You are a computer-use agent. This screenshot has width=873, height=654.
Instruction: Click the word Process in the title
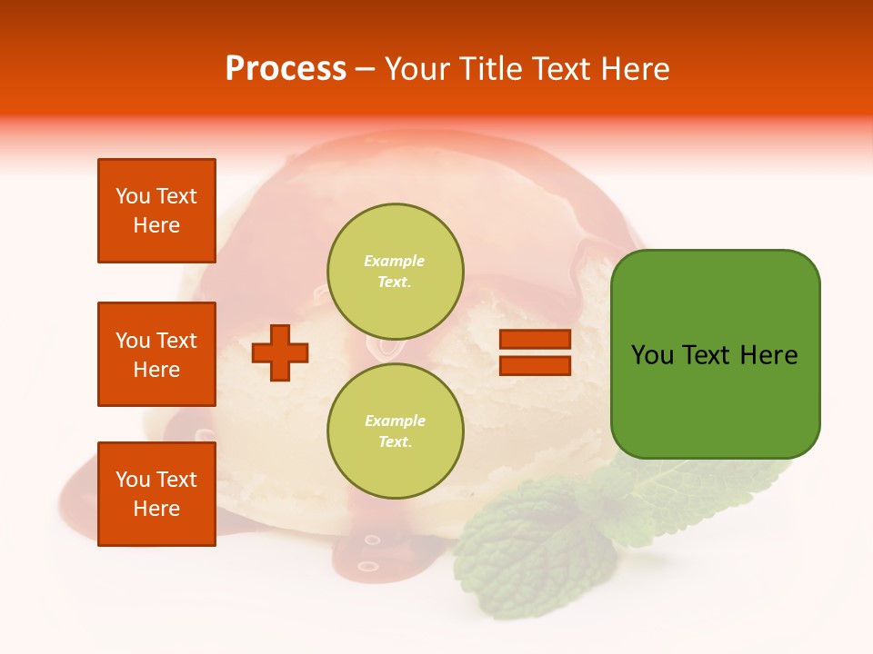click(x=286, y=69)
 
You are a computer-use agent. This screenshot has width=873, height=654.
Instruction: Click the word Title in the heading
click(x=491, y=69)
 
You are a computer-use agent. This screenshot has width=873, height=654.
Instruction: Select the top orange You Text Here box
click(x=156, y=211)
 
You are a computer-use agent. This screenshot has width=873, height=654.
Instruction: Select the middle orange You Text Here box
click(x=156, y=354)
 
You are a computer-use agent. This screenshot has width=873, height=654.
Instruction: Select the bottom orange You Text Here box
click(x=156, y=494)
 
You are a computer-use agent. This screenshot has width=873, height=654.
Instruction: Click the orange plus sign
click(x=280, y=352)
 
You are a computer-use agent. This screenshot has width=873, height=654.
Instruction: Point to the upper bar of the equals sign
click(x=535, y=340)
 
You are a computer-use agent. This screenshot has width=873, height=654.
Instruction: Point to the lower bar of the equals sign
click(x=535, y=366)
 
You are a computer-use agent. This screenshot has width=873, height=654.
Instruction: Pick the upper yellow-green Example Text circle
click(x=396, y=271)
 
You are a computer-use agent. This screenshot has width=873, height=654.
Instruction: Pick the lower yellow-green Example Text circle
click(x=396, y=431)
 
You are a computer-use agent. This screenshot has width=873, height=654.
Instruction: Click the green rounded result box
click(x=715, y=400)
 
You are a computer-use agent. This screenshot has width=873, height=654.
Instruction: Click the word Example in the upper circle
click(x=395, y=261)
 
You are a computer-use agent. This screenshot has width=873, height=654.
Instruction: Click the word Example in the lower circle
click(x=395, y=421)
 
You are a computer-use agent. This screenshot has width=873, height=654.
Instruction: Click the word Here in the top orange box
click(x=156, y=225)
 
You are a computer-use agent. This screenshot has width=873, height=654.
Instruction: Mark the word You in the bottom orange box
click(x=133, y=480)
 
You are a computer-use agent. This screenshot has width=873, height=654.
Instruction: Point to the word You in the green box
click(x=652, y=355)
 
